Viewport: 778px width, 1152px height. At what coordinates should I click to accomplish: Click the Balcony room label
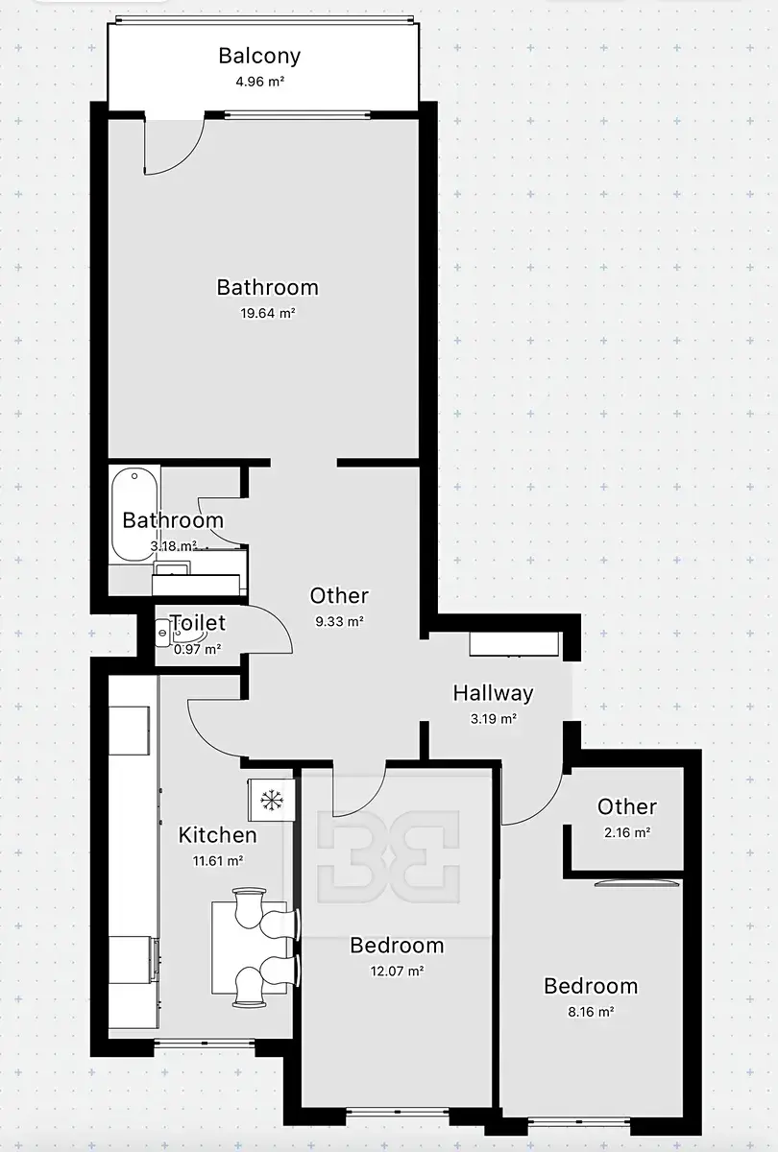pyautogui.click(x=259, y=56)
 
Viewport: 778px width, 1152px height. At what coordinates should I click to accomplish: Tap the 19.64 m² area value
pyautogui.click(x=268, y=313)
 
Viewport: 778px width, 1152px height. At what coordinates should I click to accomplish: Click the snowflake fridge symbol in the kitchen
pyautogui.click(x=271, y=800)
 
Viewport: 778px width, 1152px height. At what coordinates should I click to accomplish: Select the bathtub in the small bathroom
pyautogui.click(x=134, y=515)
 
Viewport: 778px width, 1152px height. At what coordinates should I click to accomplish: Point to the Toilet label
pyautogui.click(x=198, y=623)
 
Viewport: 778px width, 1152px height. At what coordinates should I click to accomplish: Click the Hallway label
pyautogui.click(x=493, y=693)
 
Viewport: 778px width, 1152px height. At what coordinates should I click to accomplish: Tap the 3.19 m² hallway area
pyautogui.click(x=494, y=718)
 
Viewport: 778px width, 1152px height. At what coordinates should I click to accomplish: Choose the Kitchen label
pyautogui.click(x=217, y=834)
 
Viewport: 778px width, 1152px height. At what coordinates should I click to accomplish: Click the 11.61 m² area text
pyautogui.click(x=218, y=860)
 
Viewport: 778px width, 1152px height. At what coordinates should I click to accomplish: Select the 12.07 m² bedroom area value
pyautogui.click(x=397, y=971)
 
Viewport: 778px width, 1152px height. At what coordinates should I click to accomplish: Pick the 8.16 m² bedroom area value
pyautogui.click(x=591, y=1012)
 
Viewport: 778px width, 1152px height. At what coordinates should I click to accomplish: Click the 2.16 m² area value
pyautogui.click(x=627, y=832)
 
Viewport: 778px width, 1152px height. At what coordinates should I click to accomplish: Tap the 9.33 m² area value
pyautogui.click(x=340, y=621)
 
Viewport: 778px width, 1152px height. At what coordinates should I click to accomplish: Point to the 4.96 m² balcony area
pyautogui.click(x=260, y=82)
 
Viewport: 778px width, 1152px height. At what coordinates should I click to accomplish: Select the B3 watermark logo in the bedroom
pyautogui.click(x=388, y=856)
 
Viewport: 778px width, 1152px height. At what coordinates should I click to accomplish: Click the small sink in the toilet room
pyautogui.click(x=162, y=632)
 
